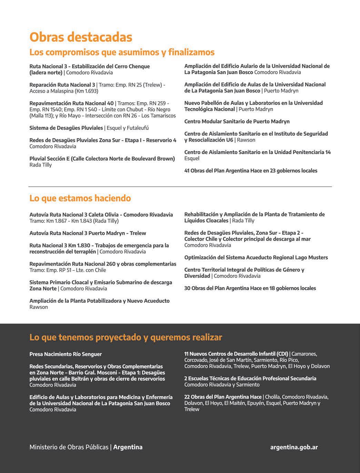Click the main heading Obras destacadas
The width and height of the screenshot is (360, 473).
click(x=81, y=37)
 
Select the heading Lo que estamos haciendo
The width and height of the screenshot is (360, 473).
click(x=80, y=198)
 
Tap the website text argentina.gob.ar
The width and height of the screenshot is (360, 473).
click(x=294, y=447)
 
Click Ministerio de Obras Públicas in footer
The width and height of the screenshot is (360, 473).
click(x=69, y=447)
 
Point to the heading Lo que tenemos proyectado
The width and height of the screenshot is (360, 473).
click(x=126, y=337)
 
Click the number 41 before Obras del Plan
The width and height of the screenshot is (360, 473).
click(x=187, y=171)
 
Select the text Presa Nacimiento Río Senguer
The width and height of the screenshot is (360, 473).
click(x=66, y=354)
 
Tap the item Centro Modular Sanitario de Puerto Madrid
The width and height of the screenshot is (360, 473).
click(x=237, y=121)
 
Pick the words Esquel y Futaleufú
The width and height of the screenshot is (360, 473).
click(x=128, y=128)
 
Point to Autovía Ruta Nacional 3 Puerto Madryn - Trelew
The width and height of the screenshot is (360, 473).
click(x=88, y=233)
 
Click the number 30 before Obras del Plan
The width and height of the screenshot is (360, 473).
click(x=187, y=288)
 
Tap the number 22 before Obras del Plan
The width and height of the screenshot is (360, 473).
click(x=187, y=397)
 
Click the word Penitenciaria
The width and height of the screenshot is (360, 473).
click(x=307, y=152)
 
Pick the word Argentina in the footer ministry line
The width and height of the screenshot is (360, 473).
click(x=128, y=447)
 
